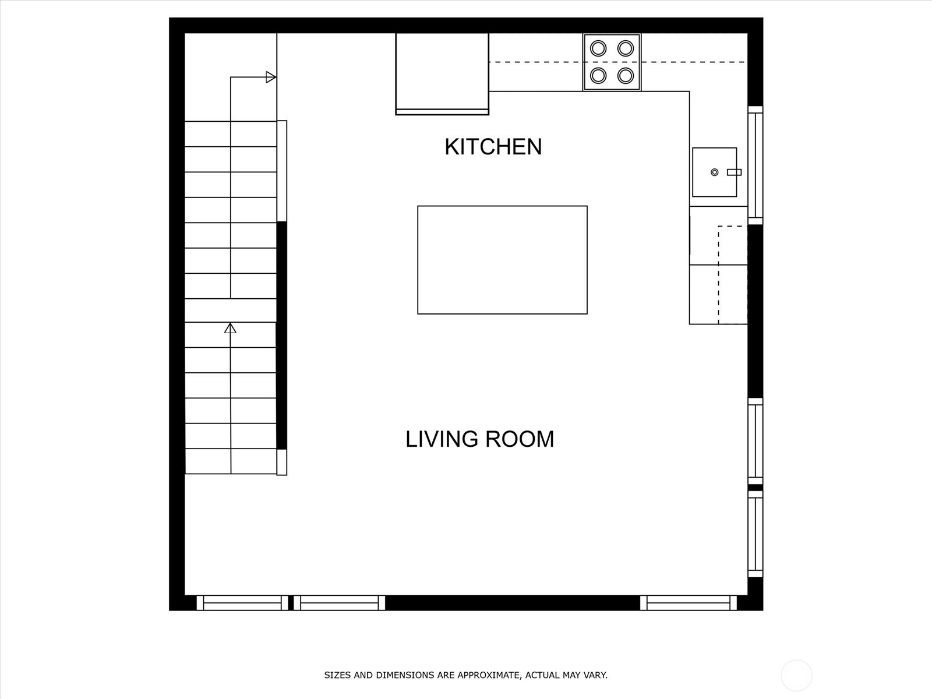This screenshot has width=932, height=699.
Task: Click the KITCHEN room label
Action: pos(493,147)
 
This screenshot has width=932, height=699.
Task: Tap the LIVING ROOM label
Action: pos(480,439)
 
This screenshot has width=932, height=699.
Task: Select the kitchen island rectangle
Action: pos(502,260)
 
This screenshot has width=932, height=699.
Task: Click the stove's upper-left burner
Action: pos(598,48)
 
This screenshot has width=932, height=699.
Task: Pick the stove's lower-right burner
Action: pos(626,76)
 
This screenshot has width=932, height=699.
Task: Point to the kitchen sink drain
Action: pos(715,172)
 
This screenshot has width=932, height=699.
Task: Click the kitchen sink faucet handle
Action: pos(734,172)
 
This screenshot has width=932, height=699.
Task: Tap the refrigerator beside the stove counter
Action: pos(442,73)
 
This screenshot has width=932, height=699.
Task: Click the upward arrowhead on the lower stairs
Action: pos(230,328)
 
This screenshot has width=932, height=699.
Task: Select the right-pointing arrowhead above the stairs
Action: pos(271,77)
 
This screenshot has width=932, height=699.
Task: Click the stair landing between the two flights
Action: pos(231,310)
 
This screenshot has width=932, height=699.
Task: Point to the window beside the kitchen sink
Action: pos(756,165)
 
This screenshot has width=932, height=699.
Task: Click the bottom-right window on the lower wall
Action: pos(689,603)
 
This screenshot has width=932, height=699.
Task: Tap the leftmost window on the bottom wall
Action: pos(242,603)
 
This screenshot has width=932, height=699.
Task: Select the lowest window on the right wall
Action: pos(756,534)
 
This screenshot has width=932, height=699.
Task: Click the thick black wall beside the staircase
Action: pos(281,336)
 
